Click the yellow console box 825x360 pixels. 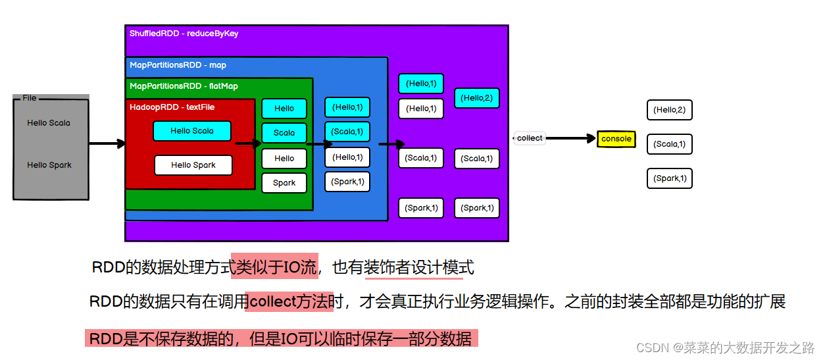pos(616,139)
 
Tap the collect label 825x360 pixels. pos(530,138)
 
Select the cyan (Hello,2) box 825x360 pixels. pos(476,98)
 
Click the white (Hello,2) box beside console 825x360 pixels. pos(669,110)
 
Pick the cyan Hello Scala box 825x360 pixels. pos(192,131)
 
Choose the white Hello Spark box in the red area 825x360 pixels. pos(193,165)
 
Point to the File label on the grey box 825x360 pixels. pos(30,98)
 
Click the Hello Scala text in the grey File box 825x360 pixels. pos(49,123)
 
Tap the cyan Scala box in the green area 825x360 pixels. pos(284,133)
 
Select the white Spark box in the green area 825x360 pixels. pos(284,183)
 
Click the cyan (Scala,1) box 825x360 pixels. pos(347,132)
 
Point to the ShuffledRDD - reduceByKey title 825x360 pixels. pos(184,34)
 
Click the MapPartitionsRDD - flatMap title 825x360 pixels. pos(184,86)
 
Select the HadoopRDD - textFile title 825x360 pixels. pos(172,107)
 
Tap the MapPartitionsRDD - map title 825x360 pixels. pos(178,65)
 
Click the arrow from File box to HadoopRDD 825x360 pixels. pos(107,143)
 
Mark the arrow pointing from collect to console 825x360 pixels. pos(570,138)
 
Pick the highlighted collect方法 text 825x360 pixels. pos(289,302)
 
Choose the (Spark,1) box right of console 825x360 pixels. pos(669,178)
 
